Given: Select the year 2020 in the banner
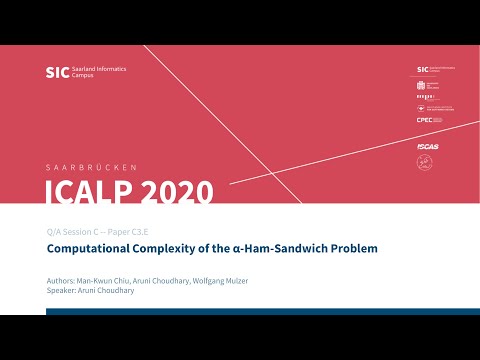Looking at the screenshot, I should point(179,191).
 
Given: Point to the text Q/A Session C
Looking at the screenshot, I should point(76,230).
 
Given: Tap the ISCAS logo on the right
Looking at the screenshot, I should point(427,146).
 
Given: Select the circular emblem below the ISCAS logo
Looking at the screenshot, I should point(423,162).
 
